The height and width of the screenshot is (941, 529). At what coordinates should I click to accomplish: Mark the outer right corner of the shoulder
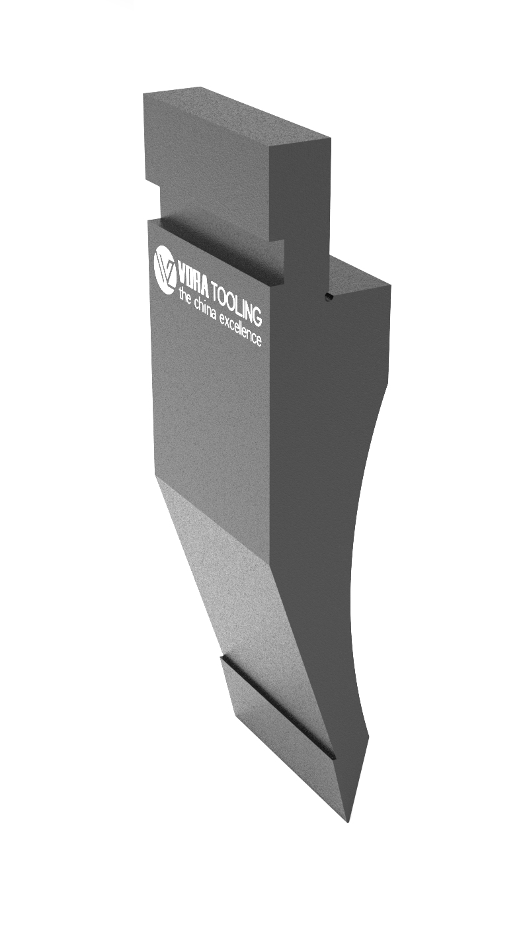click(390, 286)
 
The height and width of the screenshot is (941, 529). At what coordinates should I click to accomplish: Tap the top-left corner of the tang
click(144, 95)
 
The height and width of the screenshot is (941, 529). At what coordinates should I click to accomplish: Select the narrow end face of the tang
click(301, 192)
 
